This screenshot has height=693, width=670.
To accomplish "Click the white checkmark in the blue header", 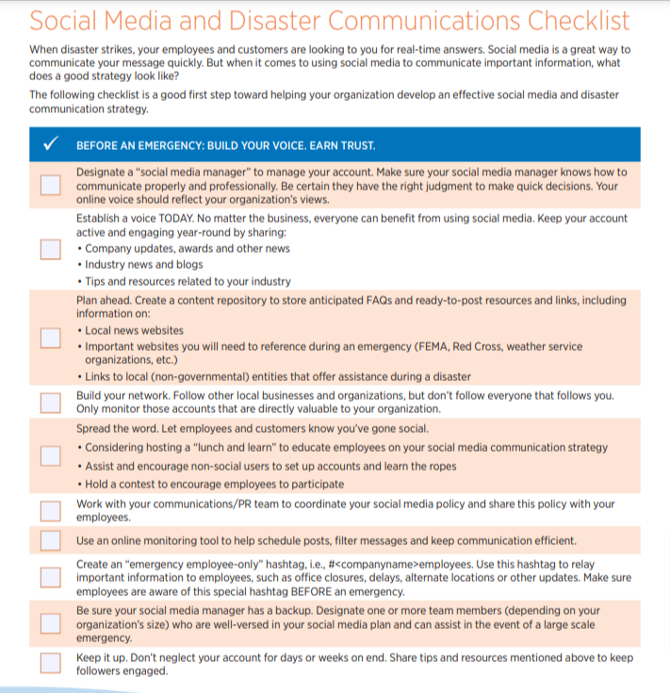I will [x=51, y=144].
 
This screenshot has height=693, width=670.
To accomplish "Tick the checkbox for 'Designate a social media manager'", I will [x=51, y=185].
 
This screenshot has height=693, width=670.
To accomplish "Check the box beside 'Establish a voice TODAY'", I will [x=51, y=249].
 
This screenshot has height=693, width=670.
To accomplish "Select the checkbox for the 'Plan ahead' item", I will [x=51, y=338].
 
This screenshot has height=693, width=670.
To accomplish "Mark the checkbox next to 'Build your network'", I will [x=51, y=403].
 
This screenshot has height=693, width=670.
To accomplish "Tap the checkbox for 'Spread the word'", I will [x=51, y=456].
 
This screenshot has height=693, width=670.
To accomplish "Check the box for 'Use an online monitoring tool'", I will [x=51, y=540].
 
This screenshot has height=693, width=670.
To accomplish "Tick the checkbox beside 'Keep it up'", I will [x=51, y=664].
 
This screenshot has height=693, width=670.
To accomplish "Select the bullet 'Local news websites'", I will [x=134, y=331].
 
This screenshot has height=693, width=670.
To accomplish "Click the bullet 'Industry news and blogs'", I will [x=143, y=265].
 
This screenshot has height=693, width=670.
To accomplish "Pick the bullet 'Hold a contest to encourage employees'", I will [x=214, y=484].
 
